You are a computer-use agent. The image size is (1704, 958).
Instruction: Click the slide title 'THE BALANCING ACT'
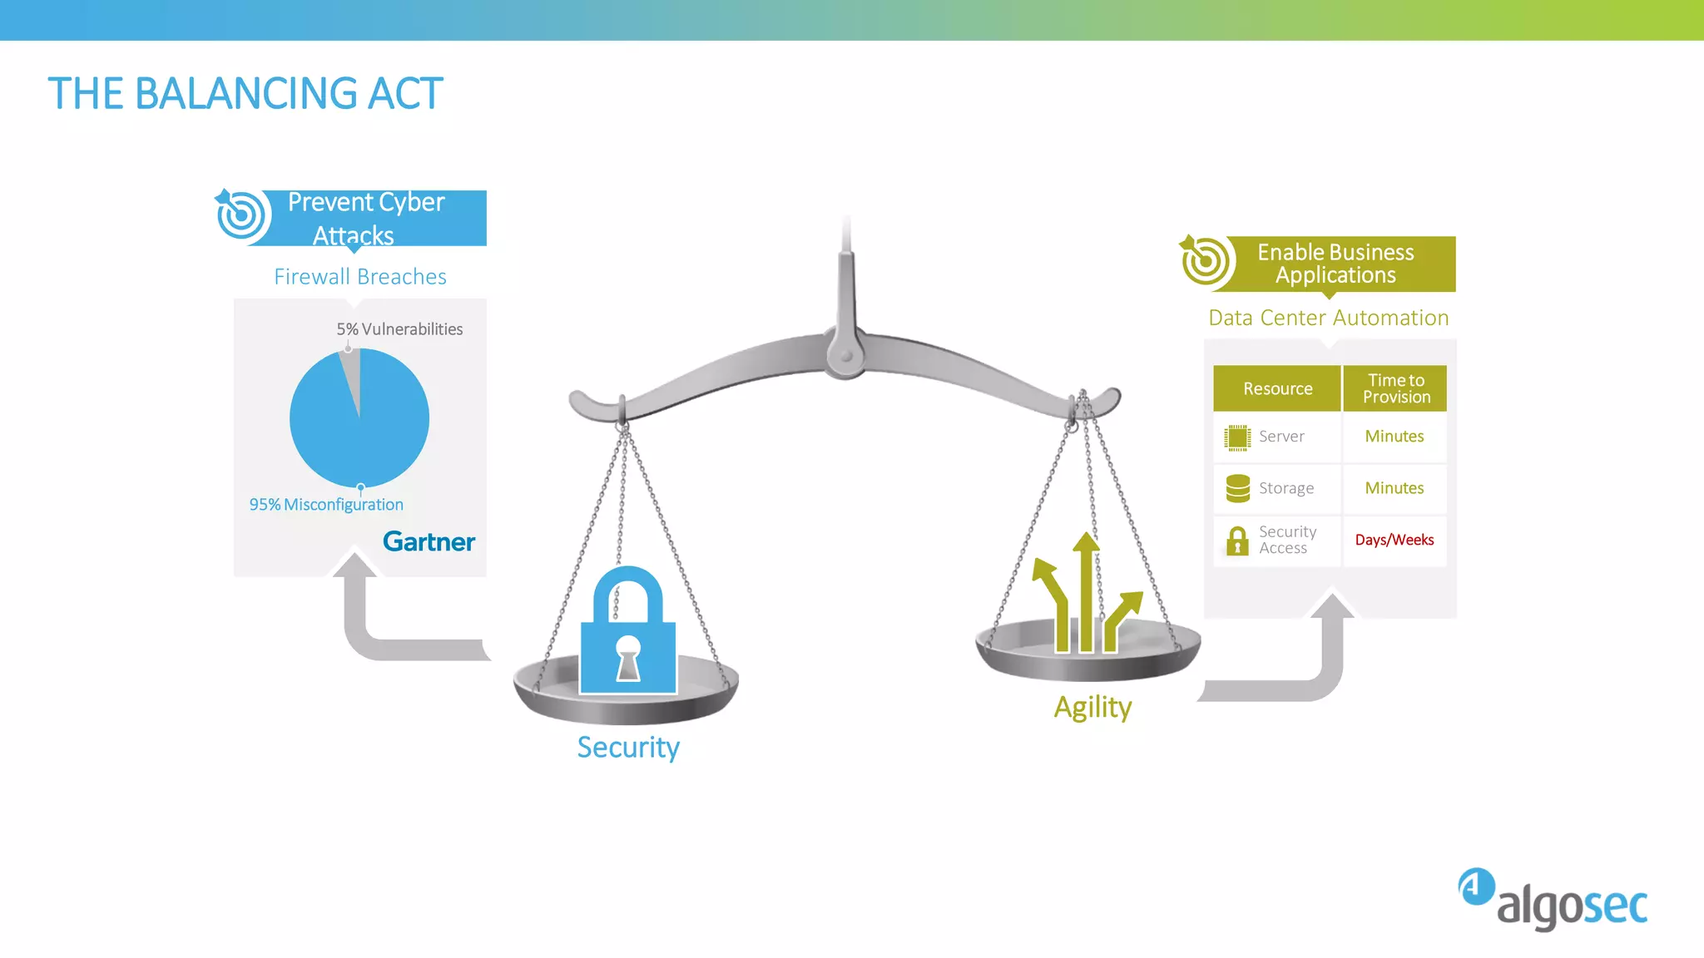point(245,93)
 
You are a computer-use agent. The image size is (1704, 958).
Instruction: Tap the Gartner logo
point(428,542)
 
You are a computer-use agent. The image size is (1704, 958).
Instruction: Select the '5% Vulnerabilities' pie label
point(399,329)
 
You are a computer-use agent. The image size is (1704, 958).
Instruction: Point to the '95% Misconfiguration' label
point(326,505)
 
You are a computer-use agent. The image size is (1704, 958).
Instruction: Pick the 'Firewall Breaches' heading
point(360,277)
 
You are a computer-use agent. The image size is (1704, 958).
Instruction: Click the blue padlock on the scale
point(628,632)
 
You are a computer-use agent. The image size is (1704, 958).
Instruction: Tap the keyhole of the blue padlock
point(628,657)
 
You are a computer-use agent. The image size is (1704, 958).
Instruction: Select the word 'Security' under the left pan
point(628,748)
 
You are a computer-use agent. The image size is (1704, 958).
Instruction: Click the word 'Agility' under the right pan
point(1092,708)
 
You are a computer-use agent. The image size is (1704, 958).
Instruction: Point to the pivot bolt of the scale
point(846,356)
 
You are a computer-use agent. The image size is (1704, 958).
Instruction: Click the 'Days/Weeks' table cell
point(1394,541)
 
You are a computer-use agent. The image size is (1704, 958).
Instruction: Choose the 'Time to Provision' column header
point(1396,388)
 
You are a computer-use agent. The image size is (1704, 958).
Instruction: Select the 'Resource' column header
point(1277,388)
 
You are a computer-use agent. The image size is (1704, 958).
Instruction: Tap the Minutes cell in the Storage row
point(1394,488)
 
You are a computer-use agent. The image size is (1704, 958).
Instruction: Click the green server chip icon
point(1237,437)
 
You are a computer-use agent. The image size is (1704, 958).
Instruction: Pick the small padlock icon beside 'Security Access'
point(1237,541)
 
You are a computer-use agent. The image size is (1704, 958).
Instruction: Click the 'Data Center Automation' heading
point(1329,319)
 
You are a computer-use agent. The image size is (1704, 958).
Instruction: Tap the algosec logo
point(1553,899)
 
